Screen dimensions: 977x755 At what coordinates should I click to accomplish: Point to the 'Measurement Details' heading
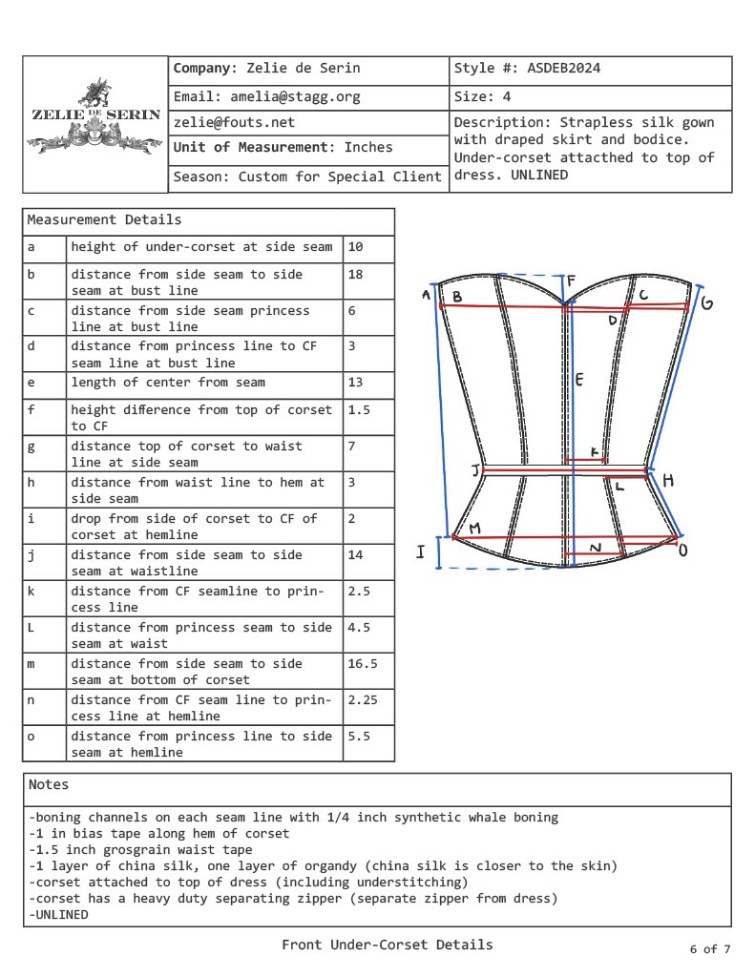tap(104, 219)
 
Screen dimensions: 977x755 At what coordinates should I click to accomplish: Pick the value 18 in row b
tap(356, 274)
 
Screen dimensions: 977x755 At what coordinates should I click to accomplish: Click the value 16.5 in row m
tap(362, 663)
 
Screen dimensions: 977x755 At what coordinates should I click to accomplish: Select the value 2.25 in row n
tap(364, 699)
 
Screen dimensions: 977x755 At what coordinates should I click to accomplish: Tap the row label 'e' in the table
tap(31, 383)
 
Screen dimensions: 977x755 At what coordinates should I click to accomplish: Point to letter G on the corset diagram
tap(707, 303)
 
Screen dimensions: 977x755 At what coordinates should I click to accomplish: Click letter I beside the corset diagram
tap(420, 552)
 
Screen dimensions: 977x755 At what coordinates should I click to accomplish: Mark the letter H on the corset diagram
tap(668, 480)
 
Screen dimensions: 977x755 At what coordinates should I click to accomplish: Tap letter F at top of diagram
tap(572, 281)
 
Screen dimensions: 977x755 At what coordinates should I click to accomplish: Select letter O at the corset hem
tap(682, 550)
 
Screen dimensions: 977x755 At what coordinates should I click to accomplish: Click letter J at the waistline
tap(475, 470)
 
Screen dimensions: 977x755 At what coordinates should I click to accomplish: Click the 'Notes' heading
tap(49, 784)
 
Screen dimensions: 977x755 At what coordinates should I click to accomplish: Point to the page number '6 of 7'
tap(710, 948)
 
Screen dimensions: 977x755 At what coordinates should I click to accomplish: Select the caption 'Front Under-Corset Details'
tap(388, 945)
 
